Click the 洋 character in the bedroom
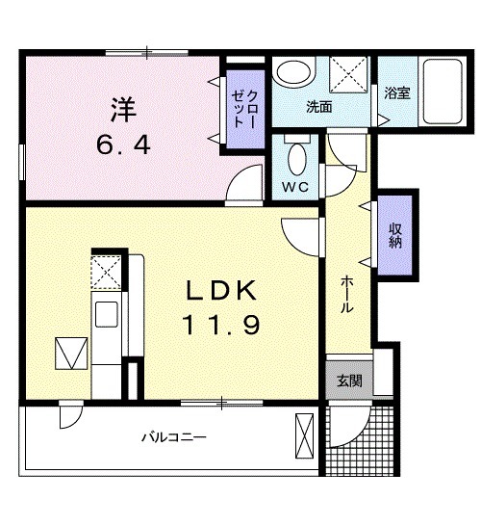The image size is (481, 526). pos(124,110)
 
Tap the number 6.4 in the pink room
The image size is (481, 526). pos(123,145)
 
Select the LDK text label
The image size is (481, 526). pos(221,291)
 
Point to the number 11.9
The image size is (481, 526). pos(220,325)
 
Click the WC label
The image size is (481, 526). pos(294,187)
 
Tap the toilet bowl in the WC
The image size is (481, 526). pos(297,159)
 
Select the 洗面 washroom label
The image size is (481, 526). pos(319,107)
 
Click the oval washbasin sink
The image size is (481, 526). pos(293,72)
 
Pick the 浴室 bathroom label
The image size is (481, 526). pos(397,92)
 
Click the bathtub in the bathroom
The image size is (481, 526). pos(443,92)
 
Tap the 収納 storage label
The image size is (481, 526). pos(395,235)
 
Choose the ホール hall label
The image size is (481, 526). pos(347,294)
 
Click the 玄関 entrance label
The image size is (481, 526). pos(349,381)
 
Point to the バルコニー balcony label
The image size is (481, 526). pos(174,437)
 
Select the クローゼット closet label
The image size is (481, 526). pos(244,110)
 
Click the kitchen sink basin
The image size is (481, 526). pos(107,314)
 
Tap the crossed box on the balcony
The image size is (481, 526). pos(304,435)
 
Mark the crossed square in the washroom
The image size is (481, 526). pos(348,74)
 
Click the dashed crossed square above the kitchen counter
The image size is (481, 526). pos(106,272)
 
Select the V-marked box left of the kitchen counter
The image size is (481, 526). pos(71,354)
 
